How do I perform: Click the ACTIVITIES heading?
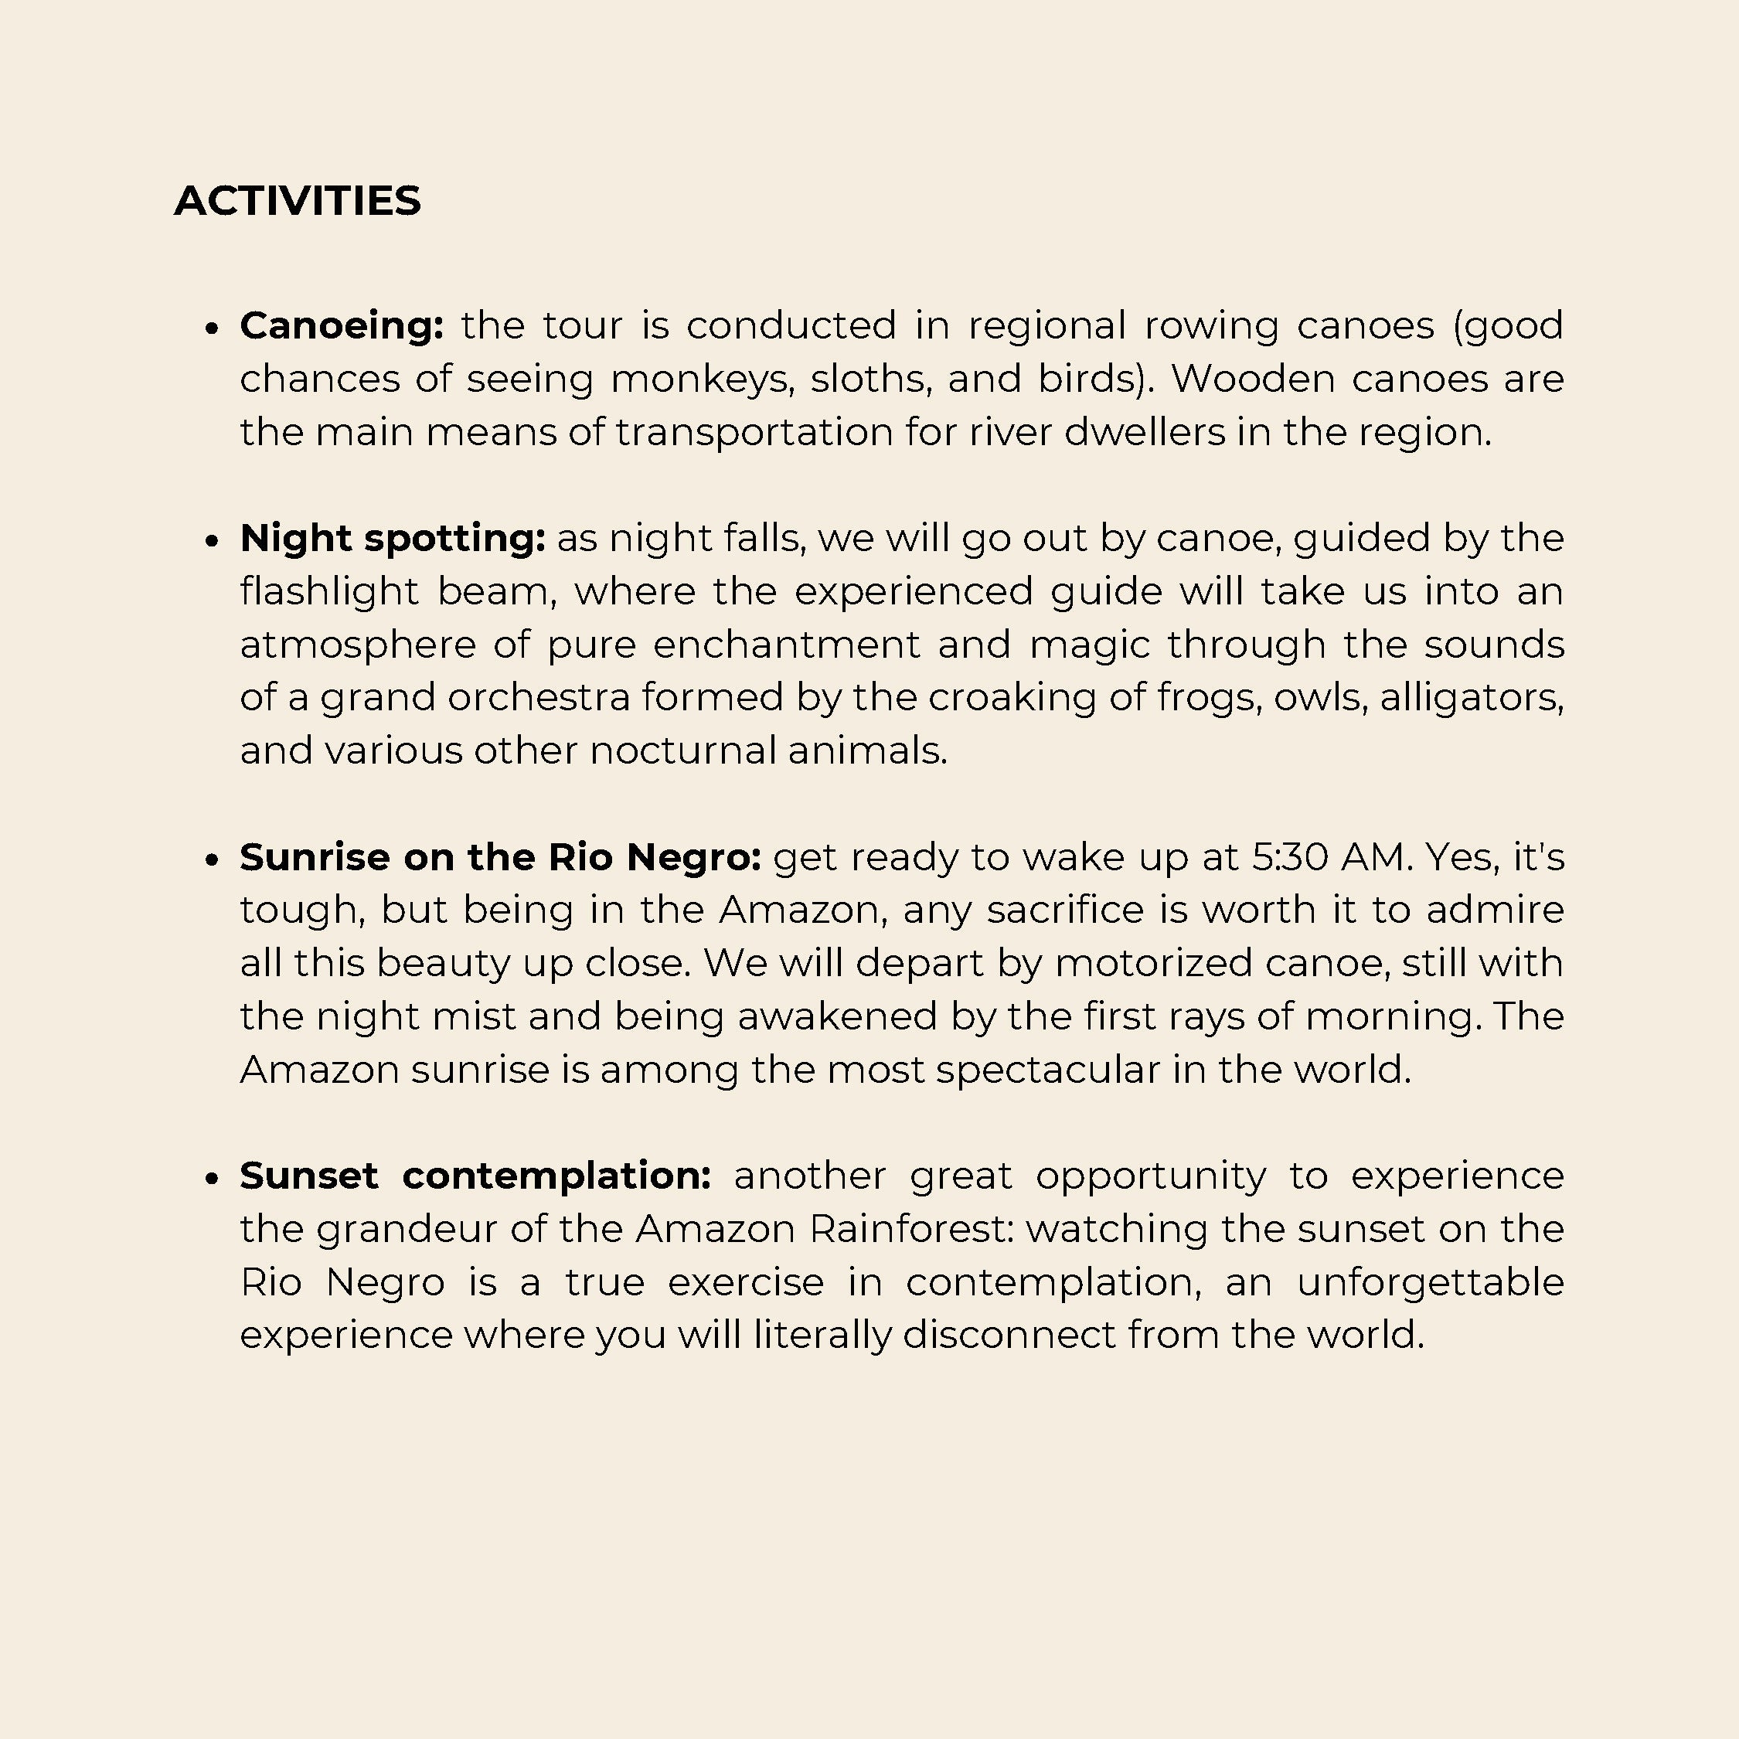(x=297, y=201)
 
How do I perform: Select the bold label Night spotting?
(x=393, y=538)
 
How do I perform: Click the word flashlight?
(x=329, y=591)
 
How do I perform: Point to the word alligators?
(x=1471, y=698)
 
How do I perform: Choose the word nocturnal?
(x=682, y=750)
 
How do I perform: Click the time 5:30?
(x=1290, y=857)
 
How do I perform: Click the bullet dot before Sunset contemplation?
(x=213, y=1178)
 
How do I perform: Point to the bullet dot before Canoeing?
(x=213, y=328)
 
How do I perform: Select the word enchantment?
(x=787, y=645)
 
